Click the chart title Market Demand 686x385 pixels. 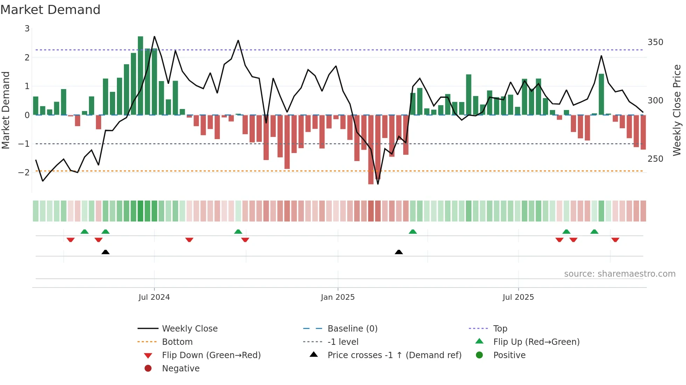50,10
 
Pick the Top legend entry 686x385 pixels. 500,328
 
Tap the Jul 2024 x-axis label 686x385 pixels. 154,297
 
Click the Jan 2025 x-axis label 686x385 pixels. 338,297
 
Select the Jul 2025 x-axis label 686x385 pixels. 518,297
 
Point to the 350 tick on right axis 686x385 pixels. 655,42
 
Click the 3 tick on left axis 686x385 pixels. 27,29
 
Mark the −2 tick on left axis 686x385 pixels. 24,172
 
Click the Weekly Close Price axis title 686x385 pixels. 677,110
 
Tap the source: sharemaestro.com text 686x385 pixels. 619,274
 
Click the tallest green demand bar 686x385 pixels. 140,75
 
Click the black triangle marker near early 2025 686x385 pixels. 399,252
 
